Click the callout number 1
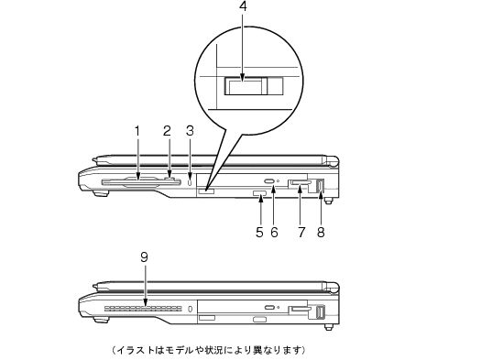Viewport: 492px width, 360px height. click(137, 131)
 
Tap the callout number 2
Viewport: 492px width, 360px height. click(168, 131)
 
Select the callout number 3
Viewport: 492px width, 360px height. click(190, 131)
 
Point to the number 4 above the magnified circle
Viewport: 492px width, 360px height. click(243, 6)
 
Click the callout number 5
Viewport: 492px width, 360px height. click(259, 233)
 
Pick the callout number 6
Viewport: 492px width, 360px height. click(274, 233)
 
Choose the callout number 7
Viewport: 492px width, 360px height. click(301, 233)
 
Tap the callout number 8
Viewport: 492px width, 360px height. click(321, 233)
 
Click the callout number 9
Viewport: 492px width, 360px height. click(144, 257)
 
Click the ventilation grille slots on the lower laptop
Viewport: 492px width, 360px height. click(143, 309)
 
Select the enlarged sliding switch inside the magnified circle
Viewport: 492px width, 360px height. click(254, 86)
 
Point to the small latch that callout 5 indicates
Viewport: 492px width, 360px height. click(259, 194)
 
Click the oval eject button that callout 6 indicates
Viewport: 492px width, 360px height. click(269, 181)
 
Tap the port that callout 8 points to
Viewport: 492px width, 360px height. click(320, 185)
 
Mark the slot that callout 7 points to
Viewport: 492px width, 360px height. click(301, 182)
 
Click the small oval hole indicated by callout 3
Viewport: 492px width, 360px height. click(190, 182)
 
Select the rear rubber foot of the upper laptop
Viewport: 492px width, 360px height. click(328, 201)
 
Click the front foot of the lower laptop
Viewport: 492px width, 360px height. click(101, 320)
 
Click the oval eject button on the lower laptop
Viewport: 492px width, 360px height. click(269, 307)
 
